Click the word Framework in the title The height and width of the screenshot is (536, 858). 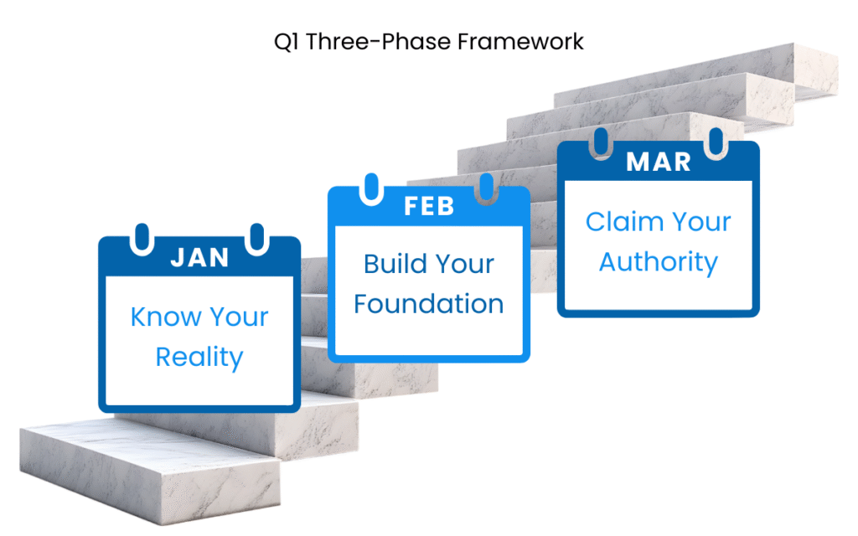[x=520, y=42]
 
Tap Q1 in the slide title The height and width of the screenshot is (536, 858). [x=287, y=42]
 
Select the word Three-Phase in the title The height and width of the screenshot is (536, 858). [x=378, y=42]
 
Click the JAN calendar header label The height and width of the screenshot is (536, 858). [x=199, y=258]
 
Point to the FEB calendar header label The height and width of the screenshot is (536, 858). [x=429, y=207]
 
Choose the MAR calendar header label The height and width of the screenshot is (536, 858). [x=659, y=162]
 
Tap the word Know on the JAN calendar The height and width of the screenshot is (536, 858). [x=167, y=317]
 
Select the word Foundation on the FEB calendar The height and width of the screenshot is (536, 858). [x=428, y=304]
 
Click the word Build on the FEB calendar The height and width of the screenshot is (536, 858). [x=395, y=264]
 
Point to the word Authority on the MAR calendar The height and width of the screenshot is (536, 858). [x=659, y=263]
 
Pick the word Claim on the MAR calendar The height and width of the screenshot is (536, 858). [x=624, y=222]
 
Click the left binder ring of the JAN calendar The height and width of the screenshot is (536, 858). [x=142, y=239]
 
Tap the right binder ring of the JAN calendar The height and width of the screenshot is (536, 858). [x=256, y=239]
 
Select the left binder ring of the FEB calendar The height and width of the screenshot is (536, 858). [x=371, y=188]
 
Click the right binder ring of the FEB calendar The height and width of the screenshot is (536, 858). [x=486, y=188]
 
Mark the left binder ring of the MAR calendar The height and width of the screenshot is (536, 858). [x=601, y=143]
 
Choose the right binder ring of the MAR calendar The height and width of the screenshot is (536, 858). [x=716, y=143]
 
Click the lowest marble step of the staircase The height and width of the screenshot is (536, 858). [x=151, y=471]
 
